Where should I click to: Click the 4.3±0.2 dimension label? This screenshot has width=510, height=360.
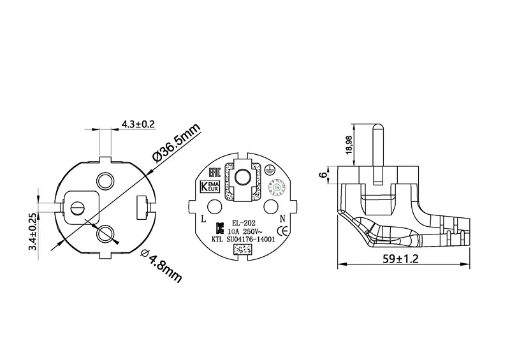click(x=138, y=124)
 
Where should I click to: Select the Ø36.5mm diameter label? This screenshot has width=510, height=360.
click(x=173, y=145)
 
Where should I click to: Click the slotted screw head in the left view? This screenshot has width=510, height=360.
click(x=78, y=208)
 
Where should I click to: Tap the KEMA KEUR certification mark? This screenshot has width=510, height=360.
click(x=210, y=187)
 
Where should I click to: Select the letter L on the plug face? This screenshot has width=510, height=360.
click(x=203, y=219)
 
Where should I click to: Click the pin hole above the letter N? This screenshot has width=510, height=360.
click(x=271, y=206)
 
